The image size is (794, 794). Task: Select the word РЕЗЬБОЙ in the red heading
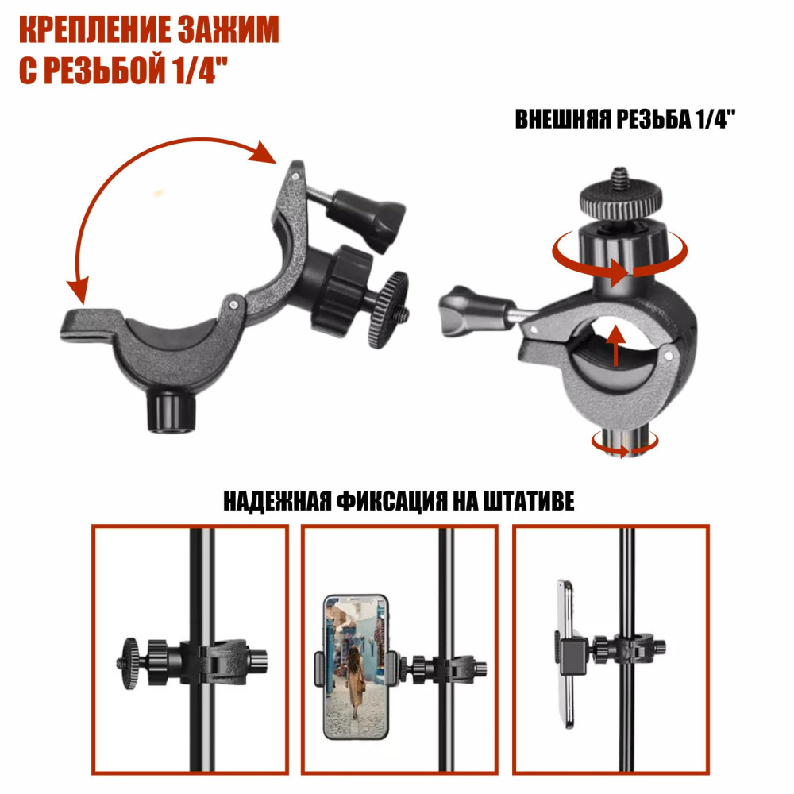coord(106,71)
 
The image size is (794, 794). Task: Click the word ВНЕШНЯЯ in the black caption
coord(563,120)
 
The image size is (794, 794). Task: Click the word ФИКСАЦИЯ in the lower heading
coord(392,501)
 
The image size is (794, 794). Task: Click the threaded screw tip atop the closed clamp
coord(620,178)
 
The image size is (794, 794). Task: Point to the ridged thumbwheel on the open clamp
coord(389,310)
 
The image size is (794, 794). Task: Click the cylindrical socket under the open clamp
coord(171,412)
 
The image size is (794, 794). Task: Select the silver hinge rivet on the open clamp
coord(233,304)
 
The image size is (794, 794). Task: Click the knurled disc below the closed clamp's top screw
coord(621,200)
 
